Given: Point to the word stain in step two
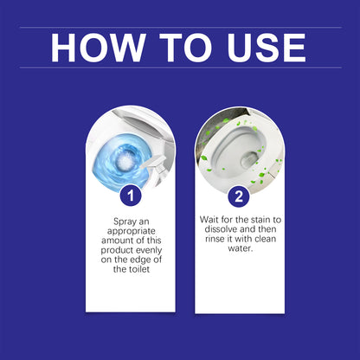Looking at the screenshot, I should (x=259, y=222).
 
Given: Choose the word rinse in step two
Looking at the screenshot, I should (x=215, y=245).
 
